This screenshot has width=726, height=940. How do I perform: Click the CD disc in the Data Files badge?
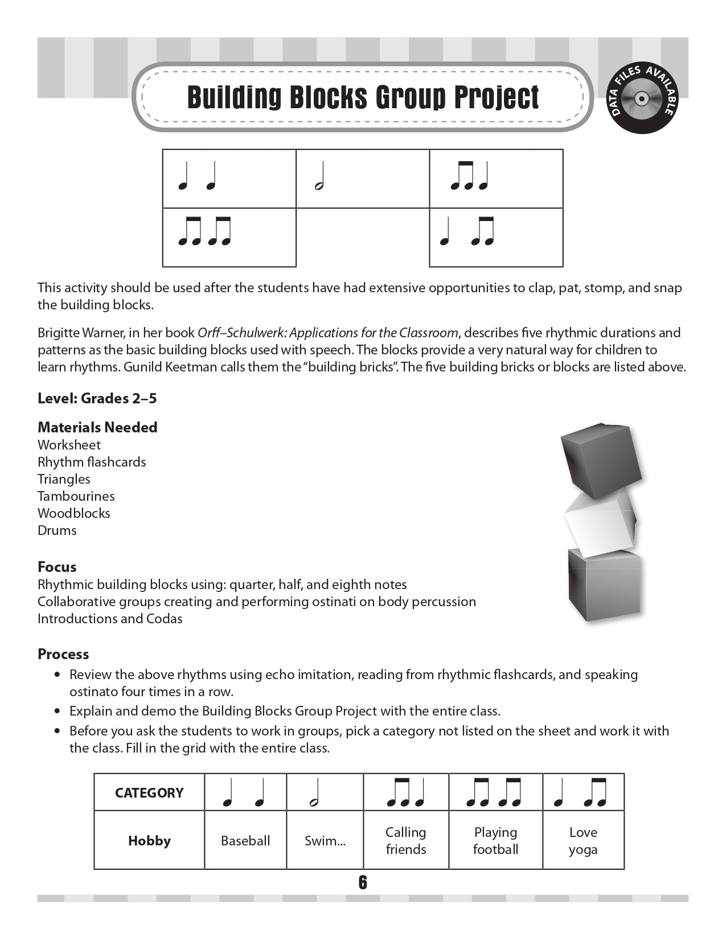641,99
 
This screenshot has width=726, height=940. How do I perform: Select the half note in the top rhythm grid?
320,176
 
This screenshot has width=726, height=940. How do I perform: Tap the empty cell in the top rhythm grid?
363,237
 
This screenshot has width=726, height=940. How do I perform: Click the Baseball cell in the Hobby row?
245,841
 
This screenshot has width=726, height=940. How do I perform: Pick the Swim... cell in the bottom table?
325,841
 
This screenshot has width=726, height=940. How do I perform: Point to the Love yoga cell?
583,841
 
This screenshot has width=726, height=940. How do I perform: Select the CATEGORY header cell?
149,793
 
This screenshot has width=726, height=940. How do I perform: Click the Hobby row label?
149,841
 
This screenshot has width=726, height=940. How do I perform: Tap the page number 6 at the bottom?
363,882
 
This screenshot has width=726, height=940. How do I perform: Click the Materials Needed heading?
97,427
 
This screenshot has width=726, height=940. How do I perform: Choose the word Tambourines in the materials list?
76,496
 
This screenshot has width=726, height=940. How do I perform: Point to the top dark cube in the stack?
600,459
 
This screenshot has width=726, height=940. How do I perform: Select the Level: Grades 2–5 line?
97,398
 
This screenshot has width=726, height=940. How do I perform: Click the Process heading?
63,654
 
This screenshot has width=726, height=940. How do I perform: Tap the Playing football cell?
495,841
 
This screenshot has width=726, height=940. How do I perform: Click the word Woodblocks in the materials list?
74,513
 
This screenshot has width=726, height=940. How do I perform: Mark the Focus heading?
57,567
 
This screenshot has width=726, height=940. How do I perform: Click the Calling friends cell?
406,841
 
